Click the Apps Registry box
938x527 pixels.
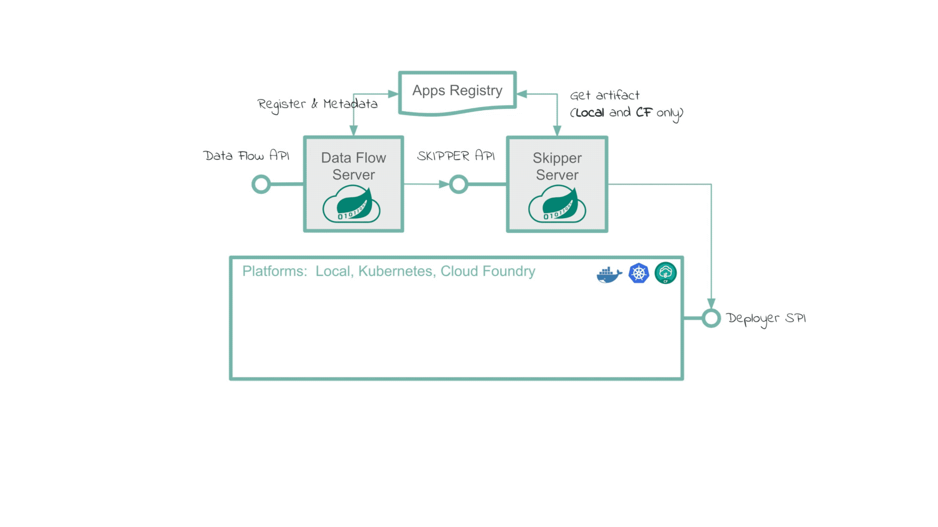pos(457,91)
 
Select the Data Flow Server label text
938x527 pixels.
pos(353,166)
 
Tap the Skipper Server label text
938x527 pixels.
pos(557,166)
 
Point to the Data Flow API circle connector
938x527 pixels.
pos(261,184)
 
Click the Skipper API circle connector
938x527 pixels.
pos(458,184)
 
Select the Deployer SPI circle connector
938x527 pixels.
pos(711,318)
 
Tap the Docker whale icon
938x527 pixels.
pos(609,275)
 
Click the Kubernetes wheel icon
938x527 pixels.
pos(639,273)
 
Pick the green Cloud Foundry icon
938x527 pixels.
pos(665,273)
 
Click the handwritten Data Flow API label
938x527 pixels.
pos(246,156)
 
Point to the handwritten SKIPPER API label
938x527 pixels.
pos(455,156)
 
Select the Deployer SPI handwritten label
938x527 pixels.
pos(766,319)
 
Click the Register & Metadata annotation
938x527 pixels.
pos(317,104)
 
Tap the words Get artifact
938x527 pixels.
pos(604,95)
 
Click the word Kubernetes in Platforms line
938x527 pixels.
pos(395,271)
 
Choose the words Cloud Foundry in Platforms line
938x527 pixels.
pos(488,271)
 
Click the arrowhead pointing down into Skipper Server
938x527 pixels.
pos(557,130)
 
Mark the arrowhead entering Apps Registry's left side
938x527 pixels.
pos(393,94)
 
